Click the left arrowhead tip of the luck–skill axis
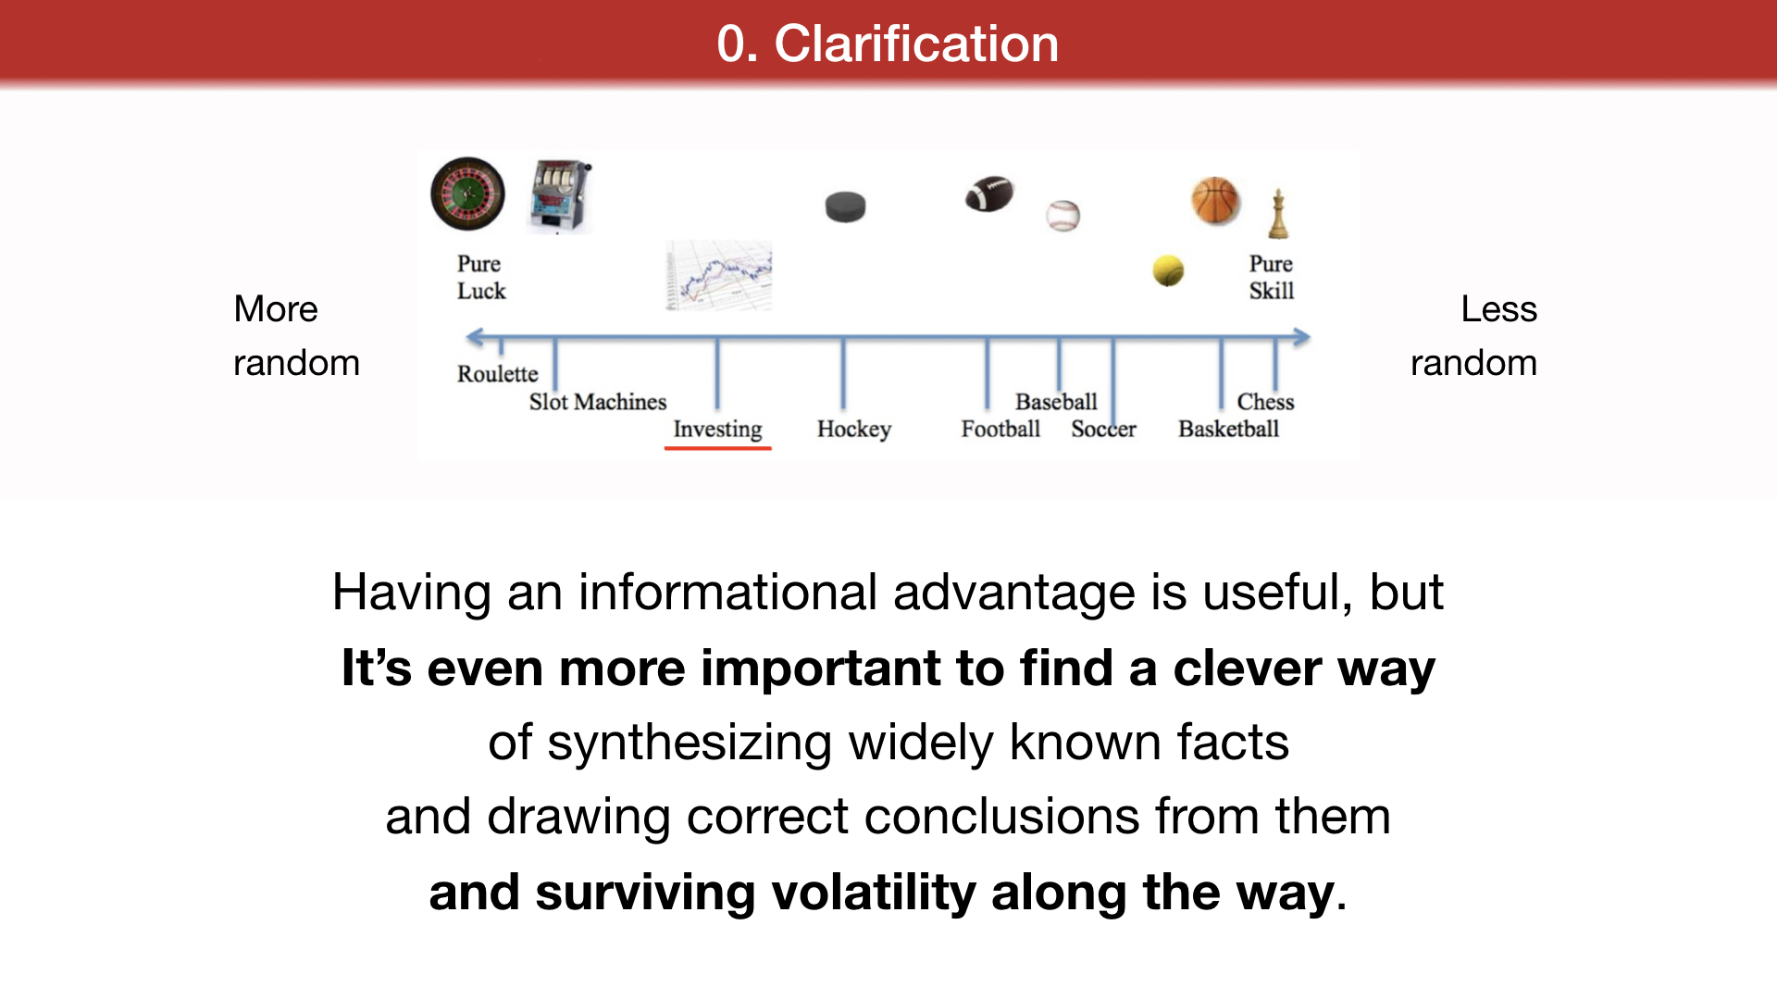(x=466, y=338)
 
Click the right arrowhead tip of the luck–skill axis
(x=1311, y=338)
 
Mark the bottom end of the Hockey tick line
(x=843, y=408)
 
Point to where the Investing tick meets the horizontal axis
(x=717, y=339)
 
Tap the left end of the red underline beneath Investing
(x=665, y=448)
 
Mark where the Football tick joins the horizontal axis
(x=988, y=339)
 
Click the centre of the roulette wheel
(x=468, y=194)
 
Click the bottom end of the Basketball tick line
(x=1222, y=408)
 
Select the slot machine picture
(x=560, y=196)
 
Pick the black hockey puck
(x=845, y=206)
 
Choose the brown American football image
(x=989, y=194)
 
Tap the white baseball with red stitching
(x=1063, y=216)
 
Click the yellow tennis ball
(x=1168, y=270)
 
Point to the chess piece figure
(x=1278, y=214)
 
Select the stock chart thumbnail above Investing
(x=719, y=276)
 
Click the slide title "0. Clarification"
(x=888, y=44)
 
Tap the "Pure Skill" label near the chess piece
(x=1272, y=277)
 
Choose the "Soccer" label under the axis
(x=1103, y=429)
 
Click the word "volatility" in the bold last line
(x=874, y=893)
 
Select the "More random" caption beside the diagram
(x=296, y=335)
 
